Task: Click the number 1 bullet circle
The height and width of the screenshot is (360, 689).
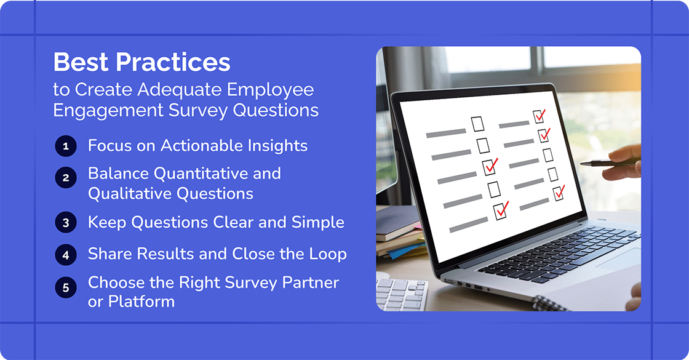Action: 65,146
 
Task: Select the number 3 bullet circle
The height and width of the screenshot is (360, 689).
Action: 65,223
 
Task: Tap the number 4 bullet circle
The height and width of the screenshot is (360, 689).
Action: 65,254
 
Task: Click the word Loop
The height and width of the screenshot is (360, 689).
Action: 327,254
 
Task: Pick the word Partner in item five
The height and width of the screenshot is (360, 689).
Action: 310,282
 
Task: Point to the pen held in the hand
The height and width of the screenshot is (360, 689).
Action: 606,163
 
